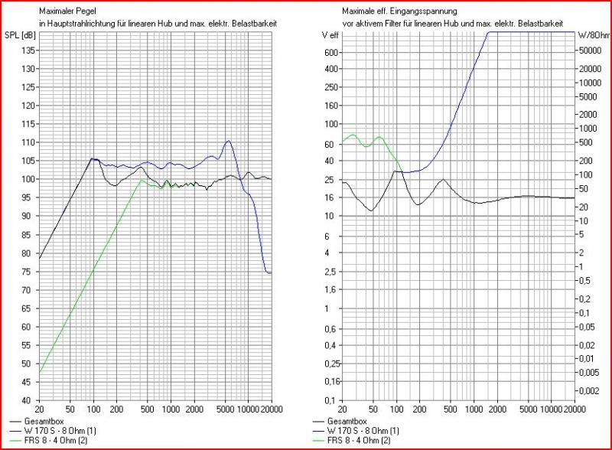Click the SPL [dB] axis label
pyautogui.click(x=19, y=36)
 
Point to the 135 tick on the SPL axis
pyautogui.click(x=27, y=51)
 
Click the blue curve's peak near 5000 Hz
pyautogui.click(x=228, y=141)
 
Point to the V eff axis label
pyautogui.click(x=330, y=36)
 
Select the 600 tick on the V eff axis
pyautogui.click(x=330, y=52)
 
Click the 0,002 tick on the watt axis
pyautogui.click(x=588, y=390)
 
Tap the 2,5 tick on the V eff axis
pyautogui.click(x=331, y=272)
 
